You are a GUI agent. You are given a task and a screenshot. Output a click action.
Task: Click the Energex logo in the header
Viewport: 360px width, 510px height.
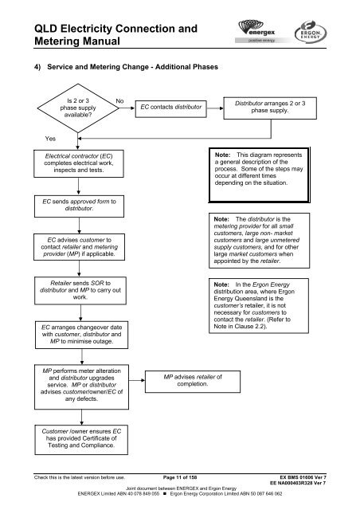click(x=257, y=31)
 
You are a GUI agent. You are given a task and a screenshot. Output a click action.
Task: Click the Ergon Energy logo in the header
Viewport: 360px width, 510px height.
click(x=311, y=32)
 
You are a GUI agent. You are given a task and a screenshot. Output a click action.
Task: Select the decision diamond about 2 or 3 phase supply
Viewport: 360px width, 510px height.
click(x=78, y=108)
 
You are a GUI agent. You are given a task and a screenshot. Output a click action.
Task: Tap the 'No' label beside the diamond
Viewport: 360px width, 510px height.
click(x=119, y=101)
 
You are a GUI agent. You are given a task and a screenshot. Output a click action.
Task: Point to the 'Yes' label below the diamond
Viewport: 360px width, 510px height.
click(x=50, y=138)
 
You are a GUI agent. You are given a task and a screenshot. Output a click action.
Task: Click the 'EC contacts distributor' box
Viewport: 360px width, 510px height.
click(x=170, y=108)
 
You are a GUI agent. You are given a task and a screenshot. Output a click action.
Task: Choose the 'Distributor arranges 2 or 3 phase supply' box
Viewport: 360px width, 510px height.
click(x=270, y=108)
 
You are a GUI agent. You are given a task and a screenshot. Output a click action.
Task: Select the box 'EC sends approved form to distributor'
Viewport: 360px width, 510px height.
click(x=79, y=206)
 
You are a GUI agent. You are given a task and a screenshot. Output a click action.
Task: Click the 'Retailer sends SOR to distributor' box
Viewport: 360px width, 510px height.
click(x=80, y=290)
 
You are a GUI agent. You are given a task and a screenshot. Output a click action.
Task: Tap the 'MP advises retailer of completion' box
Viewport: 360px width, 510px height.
click(x=193, y=381)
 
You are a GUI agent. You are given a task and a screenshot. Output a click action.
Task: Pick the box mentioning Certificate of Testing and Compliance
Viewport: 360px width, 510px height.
click(x=81, y=439)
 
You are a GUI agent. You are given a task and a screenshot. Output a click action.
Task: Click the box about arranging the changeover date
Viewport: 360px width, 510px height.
click(x=81, y=335)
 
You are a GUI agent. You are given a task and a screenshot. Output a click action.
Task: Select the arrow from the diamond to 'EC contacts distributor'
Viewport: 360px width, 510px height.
click(x=127, y=108)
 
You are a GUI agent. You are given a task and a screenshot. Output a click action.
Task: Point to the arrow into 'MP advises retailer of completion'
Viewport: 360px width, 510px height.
click(x=137, y=380)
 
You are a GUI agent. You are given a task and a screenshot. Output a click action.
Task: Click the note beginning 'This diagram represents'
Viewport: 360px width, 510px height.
click(x=259, y=175)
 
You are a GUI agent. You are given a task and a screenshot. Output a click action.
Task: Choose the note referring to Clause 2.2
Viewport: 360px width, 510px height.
click(x=259, y=305)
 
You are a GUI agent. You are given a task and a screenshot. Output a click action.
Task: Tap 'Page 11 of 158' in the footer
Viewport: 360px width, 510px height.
click(x=180, y=477)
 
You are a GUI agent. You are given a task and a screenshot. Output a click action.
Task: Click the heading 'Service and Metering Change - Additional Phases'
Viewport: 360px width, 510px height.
click(x=133, y=67)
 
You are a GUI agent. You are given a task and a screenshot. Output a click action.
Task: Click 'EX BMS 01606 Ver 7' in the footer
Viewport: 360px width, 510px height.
click(x=303, y=477)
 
